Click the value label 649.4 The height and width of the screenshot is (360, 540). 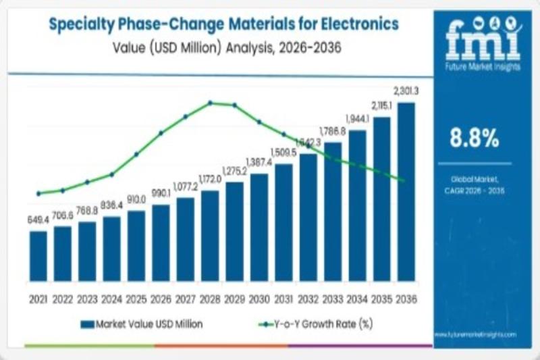pos(38,220)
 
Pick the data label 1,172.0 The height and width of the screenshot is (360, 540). pos(210,180)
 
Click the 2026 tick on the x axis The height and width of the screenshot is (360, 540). pos(161,298)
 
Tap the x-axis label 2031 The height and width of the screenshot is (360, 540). pos(283,298)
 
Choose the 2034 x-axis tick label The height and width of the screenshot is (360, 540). pos(357,298)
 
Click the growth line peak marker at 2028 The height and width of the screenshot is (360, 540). pos(210,103)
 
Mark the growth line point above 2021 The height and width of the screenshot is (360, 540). pos(38,193)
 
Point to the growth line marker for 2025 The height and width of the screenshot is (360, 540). pos(136,154)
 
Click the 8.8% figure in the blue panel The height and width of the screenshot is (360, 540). pos(475,138)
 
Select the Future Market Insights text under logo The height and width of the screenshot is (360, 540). pos(475,68)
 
